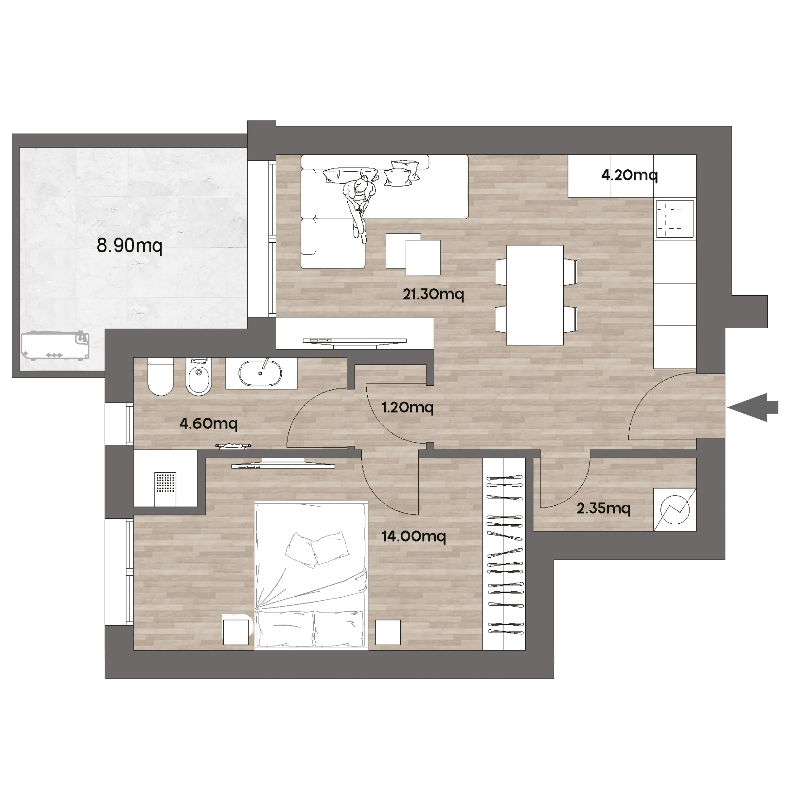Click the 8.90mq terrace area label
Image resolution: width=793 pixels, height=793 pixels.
[x=130, y=246]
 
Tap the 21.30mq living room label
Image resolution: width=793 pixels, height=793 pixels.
[x=433, y=294]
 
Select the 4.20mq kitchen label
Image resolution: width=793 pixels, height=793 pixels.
[x=630, y=175]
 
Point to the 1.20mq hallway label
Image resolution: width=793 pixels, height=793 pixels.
[x=408, y=407]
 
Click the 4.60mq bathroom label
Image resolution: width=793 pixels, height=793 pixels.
[x=208, y=423]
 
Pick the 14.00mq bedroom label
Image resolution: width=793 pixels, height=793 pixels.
[x=414, y=536]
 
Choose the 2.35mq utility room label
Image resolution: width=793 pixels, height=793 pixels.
[x=603, y=508]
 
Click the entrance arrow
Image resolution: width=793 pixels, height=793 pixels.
[x=753, y=407]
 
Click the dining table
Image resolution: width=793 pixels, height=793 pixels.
[x=535, y=295]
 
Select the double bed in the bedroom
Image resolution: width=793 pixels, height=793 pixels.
[x=311, y=575]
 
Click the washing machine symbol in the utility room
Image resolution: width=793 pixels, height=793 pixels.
[x=675, y=510]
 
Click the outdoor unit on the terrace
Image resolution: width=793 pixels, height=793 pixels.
[x=56, y=346]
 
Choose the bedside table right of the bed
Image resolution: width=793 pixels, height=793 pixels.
[x=388, y=632]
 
